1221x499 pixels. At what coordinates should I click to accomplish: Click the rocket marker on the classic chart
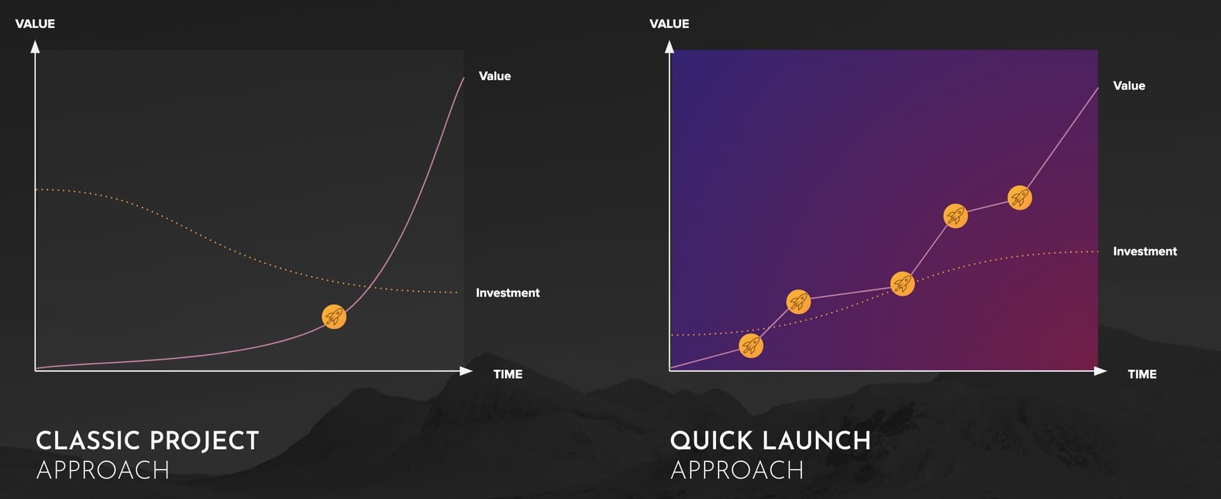tap(334, 316)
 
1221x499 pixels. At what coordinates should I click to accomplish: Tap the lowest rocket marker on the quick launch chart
tap(751, 346)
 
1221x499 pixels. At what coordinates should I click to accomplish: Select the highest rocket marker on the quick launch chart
tap(1020, 198)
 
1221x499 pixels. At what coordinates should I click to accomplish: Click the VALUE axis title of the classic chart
tap(35, 24)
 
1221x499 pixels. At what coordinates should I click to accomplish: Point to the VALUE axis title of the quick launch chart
tap(669, 24)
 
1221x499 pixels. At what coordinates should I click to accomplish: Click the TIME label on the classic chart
tap(508, 374)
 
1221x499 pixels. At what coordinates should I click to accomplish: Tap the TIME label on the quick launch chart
tap(1142, 374)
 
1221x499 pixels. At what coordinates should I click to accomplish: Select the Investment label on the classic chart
tap(507, 293)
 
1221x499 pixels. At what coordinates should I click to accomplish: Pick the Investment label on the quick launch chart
tap(1145, 251)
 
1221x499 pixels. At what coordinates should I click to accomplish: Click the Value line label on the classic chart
tap(495, 76)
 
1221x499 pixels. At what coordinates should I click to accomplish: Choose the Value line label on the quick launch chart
tap(1129, 86)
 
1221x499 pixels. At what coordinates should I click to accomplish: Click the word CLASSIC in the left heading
tap(88, 440)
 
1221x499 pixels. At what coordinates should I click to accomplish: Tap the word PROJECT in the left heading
tap(204, 440)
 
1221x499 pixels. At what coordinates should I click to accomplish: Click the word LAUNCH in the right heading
tap(816, 440)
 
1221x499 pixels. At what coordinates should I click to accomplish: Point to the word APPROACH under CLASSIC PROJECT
tap(103, 470)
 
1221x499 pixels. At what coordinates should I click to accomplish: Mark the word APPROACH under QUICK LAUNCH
tap(737, 470)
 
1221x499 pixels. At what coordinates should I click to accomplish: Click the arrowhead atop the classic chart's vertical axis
tap(36, 46)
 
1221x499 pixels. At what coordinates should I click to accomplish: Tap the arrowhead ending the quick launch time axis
tap(1101, 371)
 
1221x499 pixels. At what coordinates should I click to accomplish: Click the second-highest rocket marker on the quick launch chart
tap(956, 216)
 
